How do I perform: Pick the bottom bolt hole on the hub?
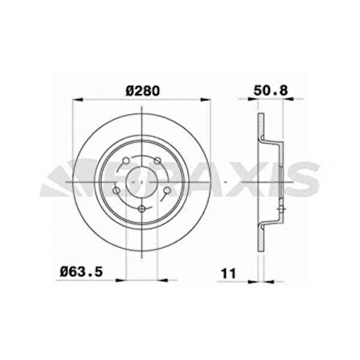coord(142,211)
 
